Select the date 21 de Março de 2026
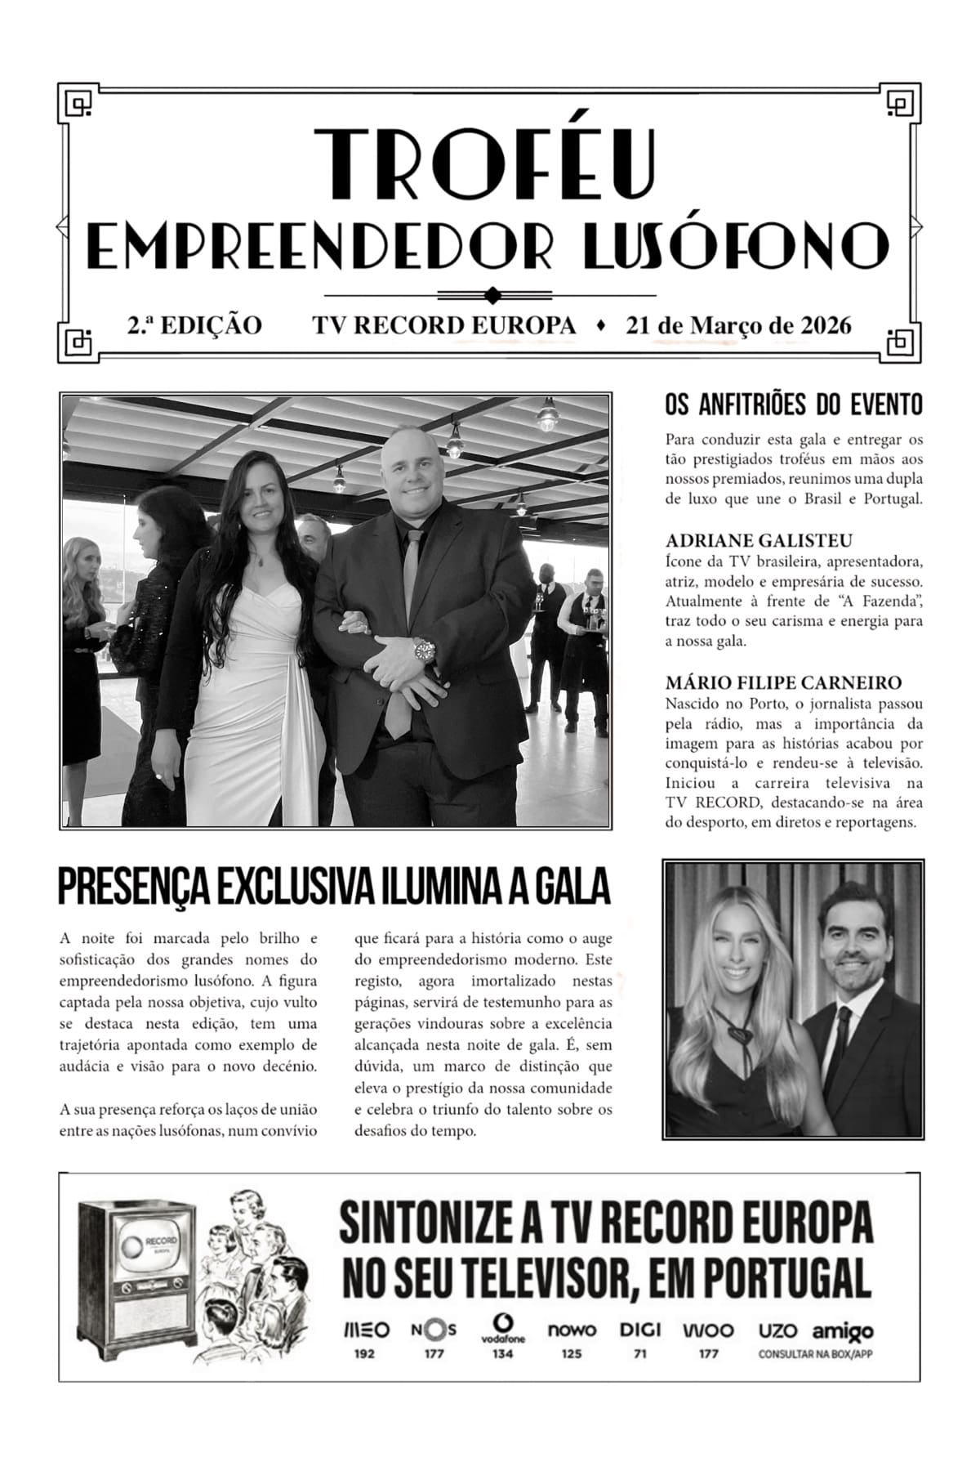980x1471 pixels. pos(738,325)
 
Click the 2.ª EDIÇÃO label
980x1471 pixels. pos(194,325)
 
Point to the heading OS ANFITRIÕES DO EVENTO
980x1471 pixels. pos(794,405)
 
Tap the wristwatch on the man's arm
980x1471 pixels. pos(425,651)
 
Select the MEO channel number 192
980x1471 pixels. pos(364,1353)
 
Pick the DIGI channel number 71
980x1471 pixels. pos(639,1353)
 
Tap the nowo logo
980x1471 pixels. pos(572,1330)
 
